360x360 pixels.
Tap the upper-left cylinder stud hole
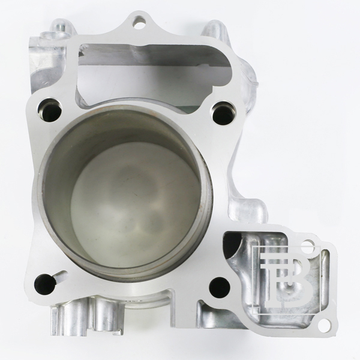(49, 110)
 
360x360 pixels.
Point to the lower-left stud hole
(45, 284)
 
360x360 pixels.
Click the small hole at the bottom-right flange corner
(324, 324)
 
